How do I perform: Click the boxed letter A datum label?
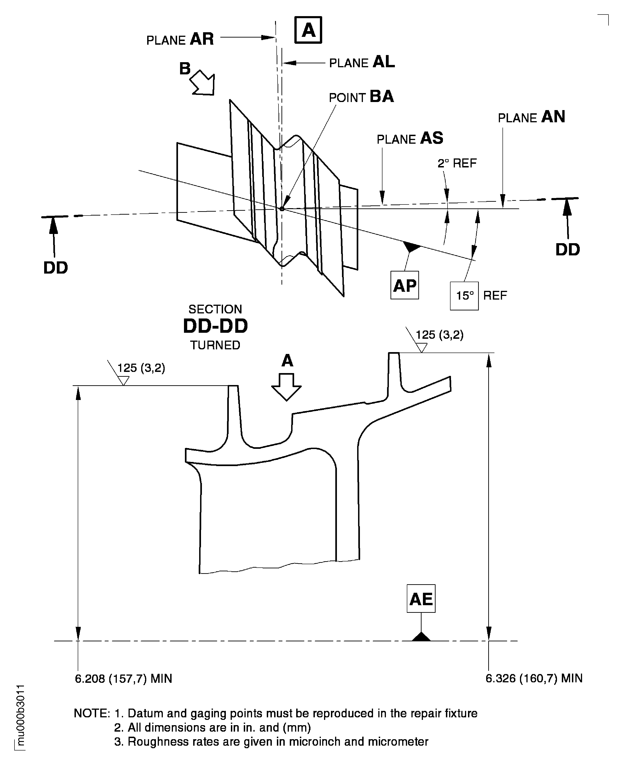pyautogui.click(x=308, y=30)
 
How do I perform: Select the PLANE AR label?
pyautogui.click(x=180, y=39)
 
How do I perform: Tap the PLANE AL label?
pyautogui.click(x=362, y=63)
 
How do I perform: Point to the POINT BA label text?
pyautogui.click(x=361, y=97)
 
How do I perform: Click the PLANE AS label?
pyautogui.click(x=410, y=139)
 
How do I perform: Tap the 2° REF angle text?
pyautogui.click(x=456, y=164)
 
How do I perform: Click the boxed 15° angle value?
pyautogui.click(x=464, y=296)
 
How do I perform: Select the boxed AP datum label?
pyautogui.click(x=405, y=286)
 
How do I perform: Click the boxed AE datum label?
pyautogui.click(x=421, y=599)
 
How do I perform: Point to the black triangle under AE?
pyautogui.click(x=421, y=637)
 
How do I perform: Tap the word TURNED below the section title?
pyautogui.click(x=215, y=345)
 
